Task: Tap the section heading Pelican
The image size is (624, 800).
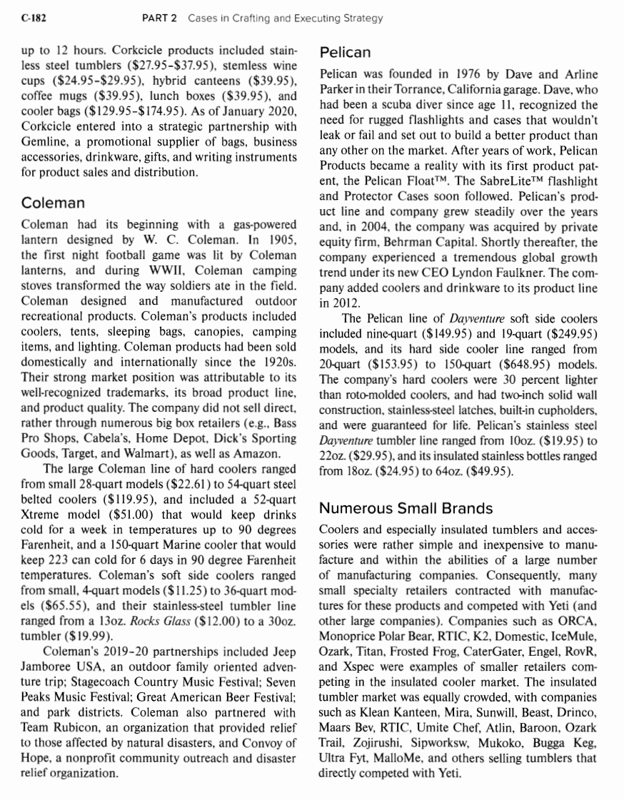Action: (x=344, y=52)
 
